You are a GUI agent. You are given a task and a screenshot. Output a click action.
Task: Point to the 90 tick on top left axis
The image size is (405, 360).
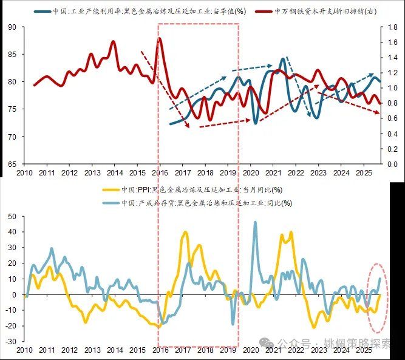(x=13, y=27)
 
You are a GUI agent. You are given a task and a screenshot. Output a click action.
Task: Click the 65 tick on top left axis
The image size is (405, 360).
(x=13, y=163)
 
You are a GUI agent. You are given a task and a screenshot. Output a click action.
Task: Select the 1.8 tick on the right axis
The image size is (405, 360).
(x=392, y=27)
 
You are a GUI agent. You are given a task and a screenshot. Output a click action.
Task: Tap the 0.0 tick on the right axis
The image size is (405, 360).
(x=392, y=163)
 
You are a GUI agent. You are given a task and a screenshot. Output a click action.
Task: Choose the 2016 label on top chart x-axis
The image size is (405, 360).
(x=159, y=173)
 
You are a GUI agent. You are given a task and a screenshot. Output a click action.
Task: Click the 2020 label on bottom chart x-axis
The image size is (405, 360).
(x=251, y=351)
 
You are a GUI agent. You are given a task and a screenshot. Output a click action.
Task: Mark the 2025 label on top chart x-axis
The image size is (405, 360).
(x=364, y=173)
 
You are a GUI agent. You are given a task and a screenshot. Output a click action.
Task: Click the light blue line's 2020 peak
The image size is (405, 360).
(x=254, y=222)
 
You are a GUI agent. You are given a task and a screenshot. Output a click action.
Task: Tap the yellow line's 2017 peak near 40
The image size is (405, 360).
(x=185, y=231)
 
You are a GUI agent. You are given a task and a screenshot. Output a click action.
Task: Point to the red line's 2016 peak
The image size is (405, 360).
(x=160, y=38)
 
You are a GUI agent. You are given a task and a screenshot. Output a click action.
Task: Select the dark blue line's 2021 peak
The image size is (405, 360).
(x=283, y=58)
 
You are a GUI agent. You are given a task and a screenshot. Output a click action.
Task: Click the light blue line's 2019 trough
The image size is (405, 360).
(x=233, y=324)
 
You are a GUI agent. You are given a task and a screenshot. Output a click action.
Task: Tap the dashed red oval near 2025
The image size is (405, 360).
(x=379, y=297)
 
